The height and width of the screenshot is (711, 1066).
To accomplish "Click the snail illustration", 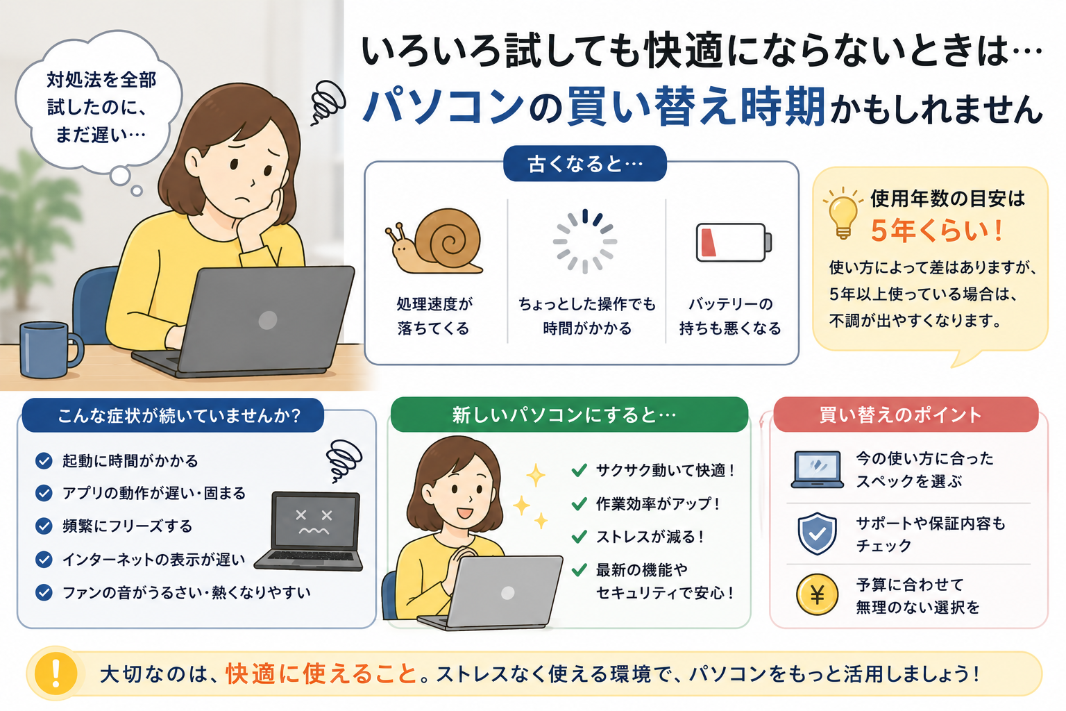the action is coord(434,242).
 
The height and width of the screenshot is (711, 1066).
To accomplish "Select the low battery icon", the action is coord(734,242).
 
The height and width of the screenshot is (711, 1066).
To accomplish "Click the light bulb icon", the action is coord(843,213).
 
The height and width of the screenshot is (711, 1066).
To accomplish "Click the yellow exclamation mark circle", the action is coord(56,674).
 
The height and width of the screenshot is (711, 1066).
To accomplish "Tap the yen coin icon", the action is coord(817,595).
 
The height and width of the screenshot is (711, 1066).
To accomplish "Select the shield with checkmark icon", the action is coord(817,533).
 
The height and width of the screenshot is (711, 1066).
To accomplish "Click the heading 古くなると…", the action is coord(585,164).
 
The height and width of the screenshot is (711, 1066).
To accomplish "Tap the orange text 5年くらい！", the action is coord(937,231).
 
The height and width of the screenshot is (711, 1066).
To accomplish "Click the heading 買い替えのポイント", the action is coord(900,415).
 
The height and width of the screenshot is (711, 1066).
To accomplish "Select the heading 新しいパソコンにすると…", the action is coord(564,415).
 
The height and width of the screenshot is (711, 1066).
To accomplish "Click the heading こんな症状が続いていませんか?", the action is coord(179,416).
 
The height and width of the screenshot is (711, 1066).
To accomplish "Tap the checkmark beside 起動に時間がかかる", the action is coord(44,461).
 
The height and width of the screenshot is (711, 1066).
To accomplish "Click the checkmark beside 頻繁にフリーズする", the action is coord(44,526).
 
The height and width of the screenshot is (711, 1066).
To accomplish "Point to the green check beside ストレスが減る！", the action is coord(579,537).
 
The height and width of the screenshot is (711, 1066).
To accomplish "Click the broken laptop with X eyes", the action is coord(310,531).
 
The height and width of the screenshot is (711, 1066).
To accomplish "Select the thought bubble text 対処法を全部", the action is coord(101,80).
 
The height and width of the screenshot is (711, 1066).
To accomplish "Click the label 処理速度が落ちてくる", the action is coord(434,316).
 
